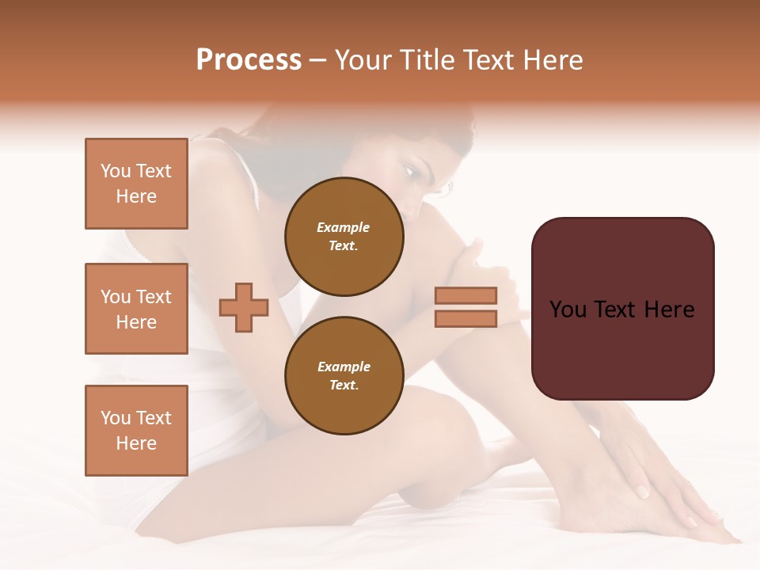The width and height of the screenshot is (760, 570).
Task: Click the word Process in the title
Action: click(249, 60)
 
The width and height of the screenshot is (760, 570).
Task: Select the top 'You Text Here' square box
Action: click(136, 184)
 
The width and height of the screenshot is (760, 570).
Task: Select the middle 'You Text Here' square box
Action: click(136, 309)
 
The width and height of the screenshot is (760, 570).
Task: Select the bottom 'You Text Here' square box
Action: click(136, 431)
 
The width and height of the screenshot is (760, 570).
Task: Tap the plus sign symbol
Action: click(244, 307)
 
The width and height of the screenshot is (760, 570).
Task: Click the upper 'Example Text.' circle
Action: click(344, 236)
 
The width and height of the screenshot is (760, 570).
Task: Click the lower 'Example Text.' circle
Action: click(344, 375)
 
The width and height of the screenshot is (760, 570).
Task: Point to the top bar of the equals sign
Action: click(465, 295)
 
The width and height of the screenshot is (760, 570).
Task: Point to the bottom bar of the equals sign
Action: click(465, 318)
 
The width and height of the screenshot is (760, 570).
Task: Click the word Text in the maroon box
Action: click(621, 310)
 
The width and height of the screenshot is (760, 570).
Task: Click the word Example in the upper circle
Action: click(344, 227)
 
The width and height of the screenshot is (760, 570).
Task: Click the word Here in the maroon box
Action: click(669, 310)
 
